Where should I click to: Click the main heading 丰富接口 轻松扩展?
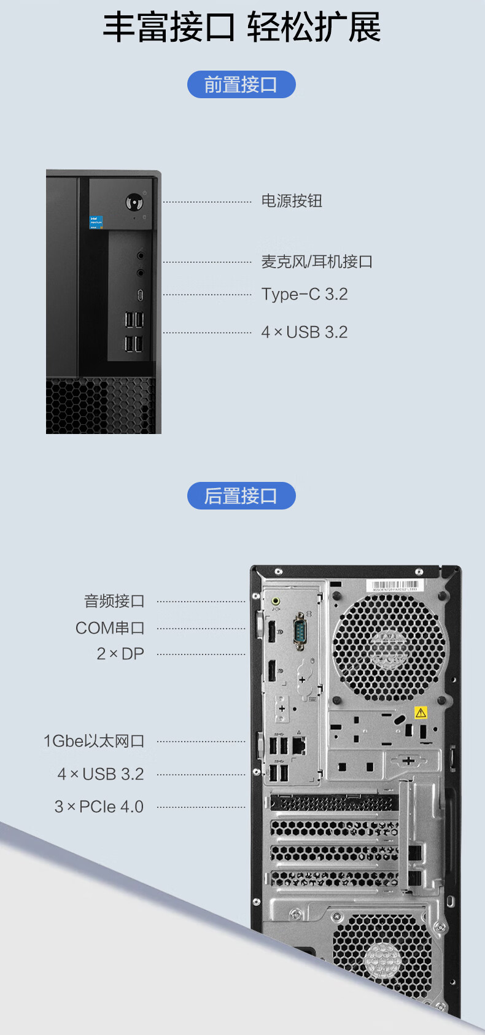[241, 28]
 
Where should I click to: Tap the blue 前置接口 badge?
[241, 85]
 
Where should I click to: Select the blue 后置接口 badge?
[241, 496]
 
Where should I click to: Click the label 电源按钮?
[292, 201]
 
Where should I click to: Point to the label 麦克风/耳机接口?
[317, 262]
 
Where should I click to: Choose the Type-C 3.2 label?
[305, 294]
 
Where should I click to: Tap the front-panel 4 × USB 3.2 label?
[305, 332]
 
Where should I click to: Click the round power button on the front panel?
[134, 201]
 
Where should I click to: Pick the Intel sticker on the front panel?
[96, 222]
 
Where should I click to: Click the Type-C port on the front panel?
[140, 295]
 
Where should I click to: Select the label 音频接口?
[114, 601]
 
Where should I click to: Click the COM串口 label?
[110, 628]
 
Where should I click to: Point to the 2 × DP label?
[120, 654]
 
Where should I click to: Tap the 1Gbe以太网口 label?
[94, 741]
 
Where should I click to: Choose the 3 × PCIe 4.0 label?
[99, 807]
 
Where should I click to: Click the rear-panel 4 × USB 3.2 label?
[101, 774]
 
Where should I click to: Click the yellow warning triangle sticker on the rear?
[421, 713]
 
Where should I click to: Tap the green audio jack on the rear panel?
[276, 601]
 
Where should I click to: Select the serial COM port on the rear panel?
[300, 630]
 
